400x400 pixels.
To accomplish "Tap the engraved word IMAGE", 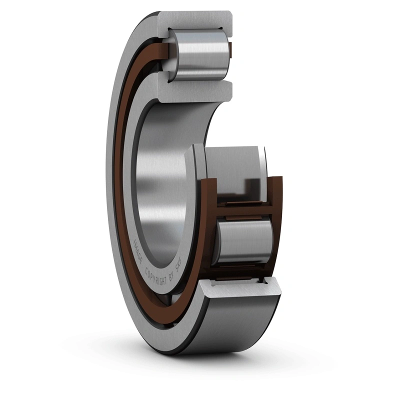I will point(138,250).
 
